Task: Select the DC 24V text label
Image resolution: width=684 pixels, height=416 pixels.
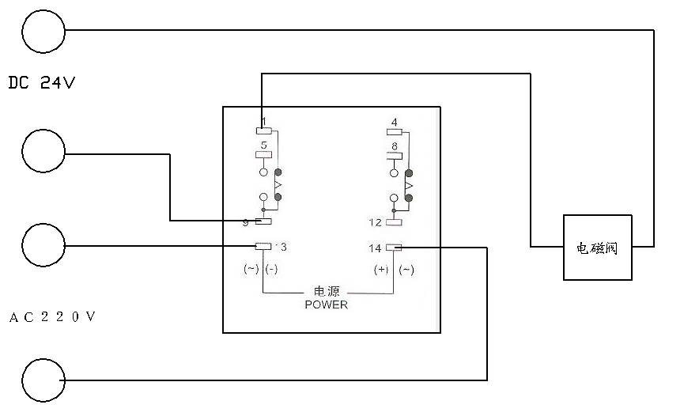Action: pyautogui.click(x=41, y=82)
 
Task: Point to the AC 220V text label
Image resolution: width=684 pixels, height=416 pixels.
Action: pyautogui.click(x=52, y=318)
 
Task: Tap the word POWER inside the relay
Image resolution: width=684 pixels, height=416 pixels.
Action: pyautogui.click(x=326, y=304)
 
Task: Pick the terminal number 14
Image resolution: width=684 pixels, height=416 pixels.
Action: pyautogui.click(x=375, y=248)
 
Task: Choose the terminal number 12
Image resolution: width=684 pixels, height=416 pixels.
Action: pyautogui.click(x=375, y=222)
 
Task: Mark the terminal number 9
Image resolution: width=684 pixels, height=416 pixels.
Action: pyautogui.click(x=246, y=222)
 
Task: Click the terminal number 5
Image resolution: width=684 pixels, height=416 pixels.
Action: pyautogui.click(x=263, y=145)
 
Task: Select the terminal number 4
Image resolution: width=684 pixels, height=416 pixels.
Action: pyautogui.click(x=394, y=123)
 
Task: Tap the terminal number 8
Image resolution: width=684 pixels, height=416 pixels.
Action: pyautogui.click(x=394, y=146)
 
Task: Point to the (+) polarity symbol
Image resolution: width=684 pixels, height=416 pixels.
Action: pyautogui.click(x=381, y=270)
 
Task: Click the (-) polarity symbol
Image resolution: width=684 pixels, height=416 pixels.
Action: pyautogui.click(x=271, y=270)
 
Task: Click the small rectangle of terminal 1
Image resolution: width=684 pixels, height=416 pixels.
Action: pyautogui.click(x=264, y=131)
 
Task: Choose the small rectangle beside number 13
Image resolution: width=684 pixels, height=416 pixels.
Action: pyautogui.click(x=263, y=246)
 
